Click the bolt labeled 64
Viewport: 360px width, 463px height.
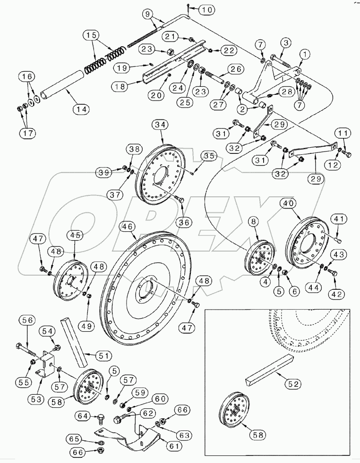click(x=100, y=418)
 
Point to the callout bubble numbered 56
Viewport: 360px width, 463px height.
click(x=27, y=320)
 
